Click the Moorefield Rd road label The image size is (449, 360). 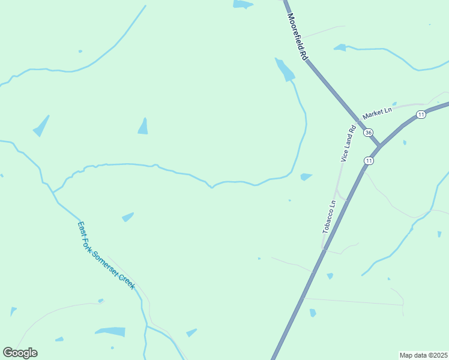click(x=297, y=37)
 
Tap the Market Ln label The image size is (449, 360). click(x=377, y=111)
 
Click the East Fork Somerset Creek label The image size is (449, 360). click(x=107, y=256)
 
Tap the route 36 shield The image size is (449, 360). click(x=369, y=132)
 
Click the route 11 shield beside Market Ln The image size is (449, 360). click(x=421, y=115)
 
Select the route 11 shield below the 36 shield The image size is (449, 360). click(x=369, y=161)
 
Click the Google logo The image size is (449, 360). click(x=20, y=353)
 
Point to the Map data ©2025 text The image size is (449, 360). click(x=423, y=355)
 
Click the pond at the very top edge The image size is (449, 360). click(x=243, y=4)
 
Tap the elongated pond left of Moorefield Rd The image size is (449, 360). click(x=285, y=70)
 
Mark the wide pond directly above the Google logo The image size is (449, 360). click(x=110, y=331)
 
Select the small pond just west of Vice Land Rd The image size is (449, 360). click(x=306, y=176)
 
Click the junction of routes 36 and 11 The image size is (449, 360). click(x=379, y=146)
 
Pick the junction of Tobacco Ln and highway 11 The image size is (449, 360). click(x=324, y=247)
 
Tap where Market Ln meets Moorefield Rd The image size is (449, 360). click(x=358, y=121)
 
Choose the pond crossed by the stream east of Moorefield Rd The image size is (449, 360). click(x=340, y=47)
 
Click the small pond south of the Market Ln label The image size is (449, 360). click(x=405, y=142)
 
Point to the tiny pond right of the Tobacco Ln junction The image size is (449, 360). click(x=330, y=276)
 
